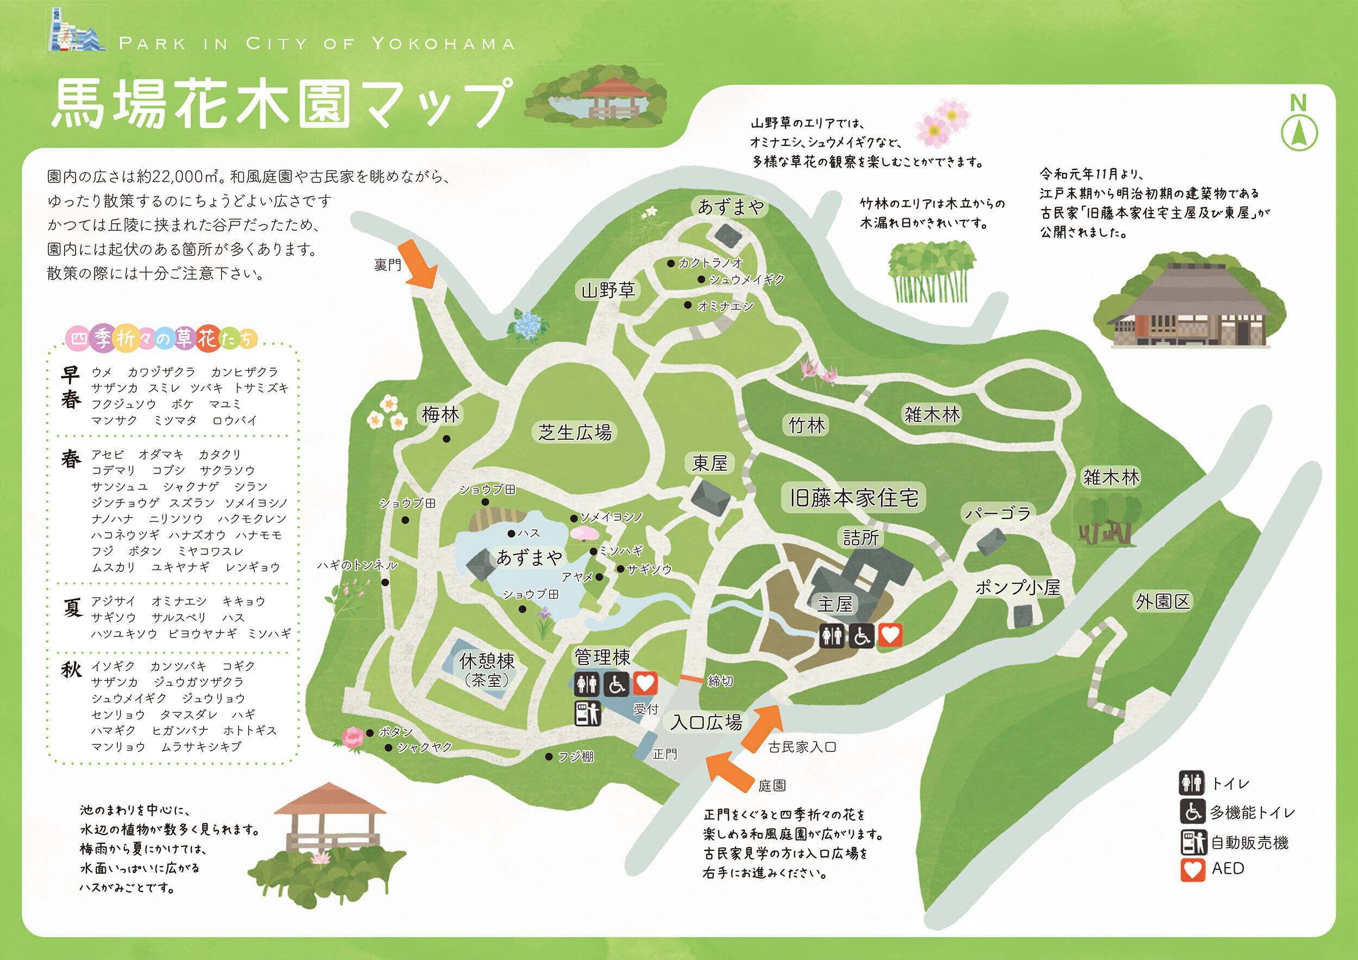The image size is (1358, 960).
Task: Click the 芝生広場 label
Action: (575, 432)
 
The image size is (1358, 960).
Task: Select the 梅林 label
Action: (440, 414)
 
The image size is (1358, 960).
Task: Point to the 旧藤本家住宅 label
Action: (853, 498)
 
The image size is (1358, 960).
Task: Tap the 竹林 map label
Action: (807, 425)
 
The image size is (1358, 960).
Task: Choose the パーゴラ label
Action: (998, 513)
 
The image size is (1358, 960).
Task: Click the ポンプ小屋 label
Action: (1017, 587)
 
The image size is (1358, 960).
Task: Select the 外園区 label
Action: (1162, 601)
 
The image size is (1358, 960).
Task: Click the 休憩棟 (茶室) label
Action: (487, 669)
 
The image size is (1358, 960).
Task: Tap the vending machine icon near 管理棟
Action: (587, 713)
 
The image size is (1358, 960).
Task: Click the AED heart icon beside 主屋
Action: (890, 635)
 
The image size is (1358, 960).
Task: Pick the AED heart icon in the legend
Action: (1192, 869)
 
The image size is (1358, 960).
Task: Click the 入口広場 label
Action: (706, 722)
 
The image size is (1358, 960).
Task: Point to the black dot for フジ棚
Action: (549, 756)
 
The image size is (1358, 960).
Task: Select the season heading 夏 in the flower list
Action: (72, 608)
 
